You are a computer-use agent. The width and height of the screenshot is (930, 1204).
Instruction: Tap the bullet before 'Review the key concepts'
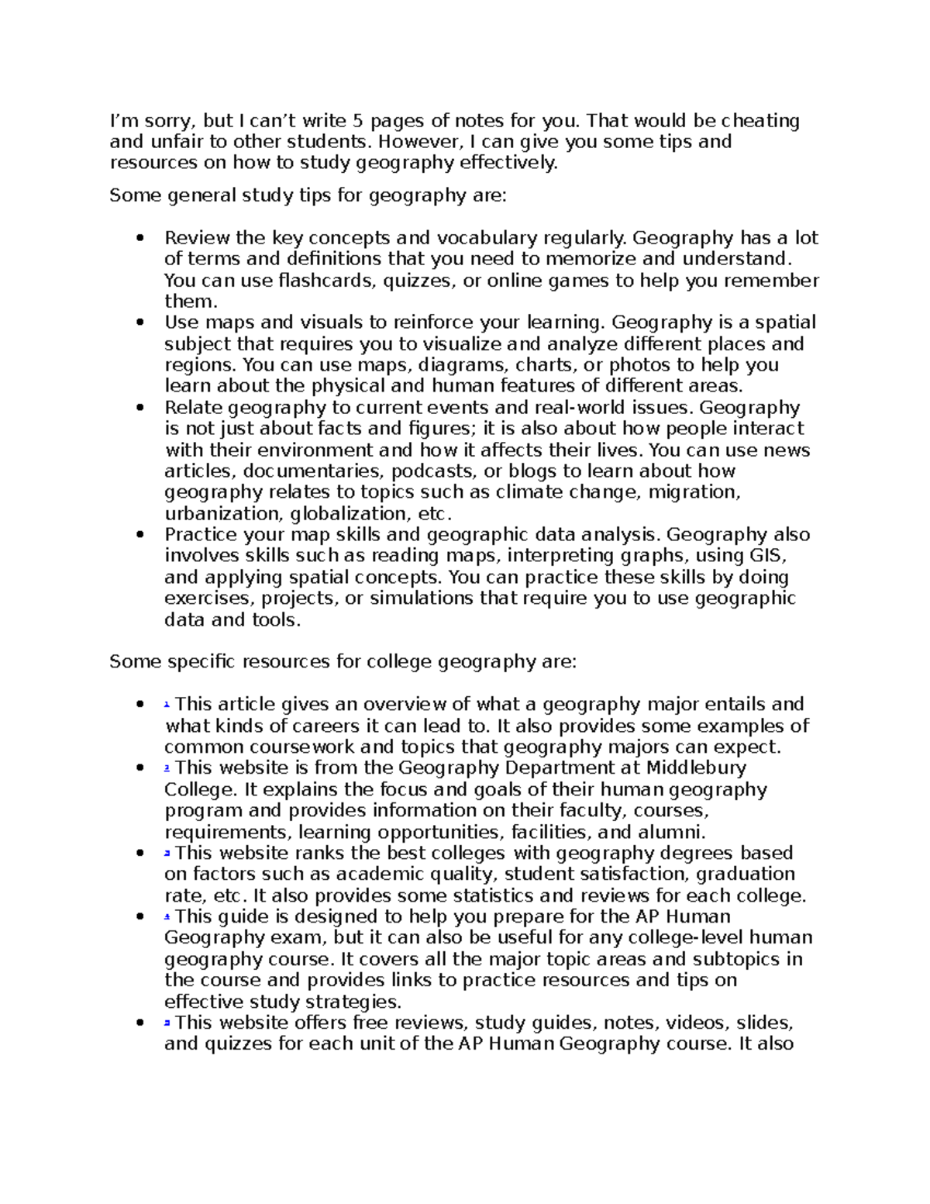click(140, 238)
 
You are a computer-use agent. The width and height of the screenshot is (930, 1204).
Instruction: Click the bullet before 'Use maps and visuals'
click(140, 323)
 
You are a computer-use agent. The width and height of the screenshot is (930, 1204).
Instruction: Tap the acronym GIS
click(768, 556)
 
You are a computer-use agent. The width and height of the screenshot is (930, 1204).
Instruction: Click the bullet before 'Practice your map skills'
click(140, 535)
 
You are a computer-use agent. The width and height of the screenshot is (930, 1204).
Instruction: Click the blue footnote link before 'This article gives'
click(167, 705)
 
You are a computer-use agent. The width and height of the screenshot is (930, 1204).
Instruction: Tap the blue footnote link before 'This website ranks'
click(167, 854)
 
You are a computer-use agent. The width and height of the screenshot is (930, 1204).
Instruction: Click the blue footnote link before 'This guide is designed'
click(167, 917)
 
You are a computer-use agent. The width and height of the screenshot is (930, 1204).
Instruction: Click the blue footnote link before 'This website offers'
click(167, 1023)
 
